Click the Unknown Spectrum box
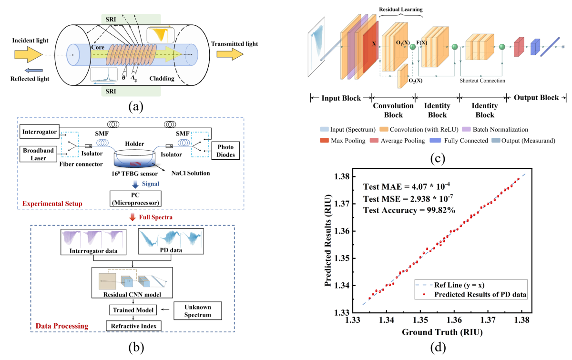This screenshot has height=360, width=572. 197,310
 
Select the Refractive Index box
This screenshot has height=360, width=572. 133,326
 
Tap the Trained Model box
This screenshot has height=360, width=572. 133,310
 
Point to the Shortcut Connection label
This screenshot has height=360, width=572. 482,81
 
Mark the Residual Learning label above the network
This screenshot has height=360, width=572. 400,9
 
